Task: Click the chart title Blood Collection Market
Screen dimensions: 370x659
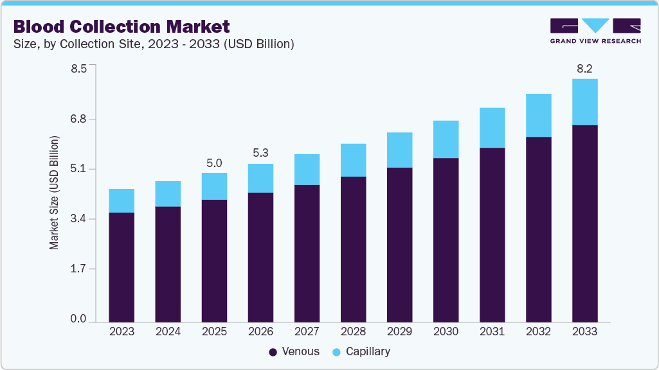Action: coord(121,26)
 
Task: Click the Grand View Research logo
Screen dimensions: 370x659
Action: coord(595,31)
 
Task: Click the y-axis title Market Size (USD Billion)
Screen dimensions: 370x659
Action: coord(55,193)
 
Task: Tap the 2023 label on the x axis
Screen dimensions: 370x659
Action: coord(122,331)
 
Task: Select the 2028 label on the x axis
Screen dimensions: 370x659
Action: coord(353,331)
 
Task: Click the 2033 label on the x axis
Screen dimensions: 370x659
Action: coord(584,331)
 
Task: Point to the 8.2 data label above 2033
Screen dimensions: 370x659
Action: coord(584,67)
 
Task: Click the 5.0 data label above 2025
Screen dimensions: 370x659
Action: coord(214,163)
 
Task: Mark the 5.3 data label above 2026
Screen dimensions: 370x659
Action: coord(260,153)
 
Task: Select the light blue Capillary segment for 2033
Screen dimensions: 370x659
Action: coord(584,101)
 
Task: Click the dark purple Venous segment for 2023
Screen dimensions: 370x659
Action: coord(122,267)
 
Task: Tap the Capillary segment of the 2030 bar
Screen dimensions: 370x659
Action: coord(446,139)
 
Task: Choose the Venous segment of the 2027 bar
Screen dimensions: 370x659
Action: coord(307,253)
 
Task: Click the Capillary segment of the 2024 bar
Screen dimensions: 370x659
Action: coord(168,193)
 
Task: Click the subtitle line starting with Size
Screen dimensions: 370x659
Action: coord(154,44)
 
